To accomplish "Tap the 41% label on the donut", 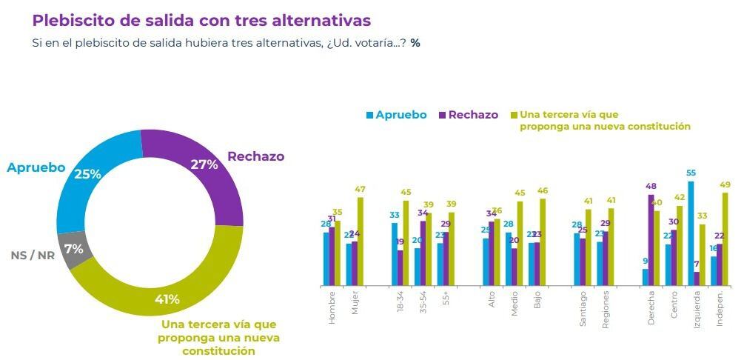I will [167, 300].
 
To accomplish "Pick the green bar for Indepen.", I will [725, 239].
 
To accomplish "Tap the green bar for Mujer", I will [361, 241].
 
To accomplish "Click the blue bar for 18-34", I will [395, 254].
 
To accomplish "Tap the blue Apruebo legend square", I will [369, 115].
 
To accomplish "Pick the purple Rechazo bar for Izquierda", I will [697, 279].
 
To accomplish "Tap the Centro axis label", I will [674, 304].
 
